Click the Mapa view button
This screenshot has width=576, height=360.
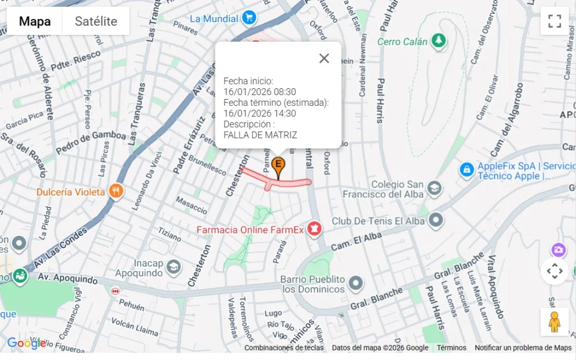35,21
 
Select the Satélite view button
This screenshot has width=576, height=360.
96,21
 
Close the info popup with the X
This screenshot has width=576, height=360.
324,58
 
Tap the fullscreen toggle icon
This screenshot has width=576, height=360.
555,21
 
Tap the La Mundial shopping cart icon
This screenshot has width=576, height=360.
249,18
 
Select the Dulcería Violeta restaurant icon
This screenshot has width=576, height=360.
116,191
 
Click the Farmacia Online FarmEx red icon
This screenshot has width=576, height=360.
314,229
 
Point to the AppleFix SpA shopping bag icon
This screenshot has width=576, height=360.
466,169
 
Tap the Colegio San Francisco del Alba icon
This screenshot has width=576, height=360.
434,188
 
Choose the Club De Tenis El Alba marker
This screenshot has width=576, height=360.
435,221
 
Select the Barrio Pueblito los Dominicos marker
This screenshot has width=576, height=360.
355,283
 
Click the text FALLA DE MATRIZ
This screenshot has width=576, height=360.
260,135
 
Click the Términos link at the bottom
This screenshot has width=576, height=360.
451,348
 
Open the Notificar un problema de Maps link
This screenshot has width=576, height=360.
523,348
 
